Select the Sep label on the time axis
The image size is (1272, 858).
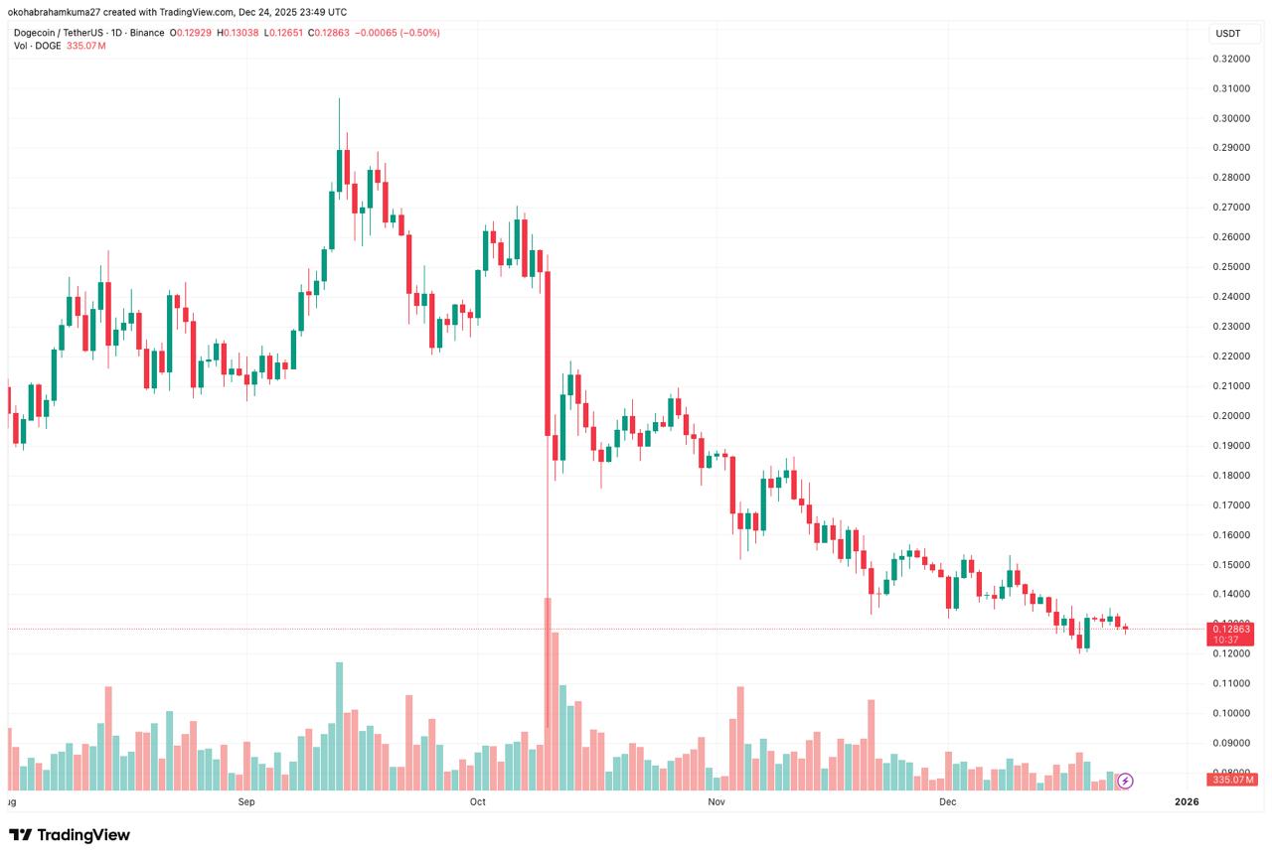(246, 800)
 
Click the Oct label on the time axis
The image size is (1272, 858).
(478, 800)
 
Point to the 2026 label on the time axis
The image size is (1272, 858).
(1186, 800)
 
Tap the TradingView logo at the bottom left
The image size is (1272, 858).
(70, 835)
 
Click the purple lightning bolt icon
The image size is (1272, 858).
(1124, 781)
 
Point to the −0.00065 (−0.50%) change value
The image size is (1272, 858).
(397, 33)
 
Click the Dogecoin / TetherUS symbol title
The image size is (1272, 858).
(89, 33)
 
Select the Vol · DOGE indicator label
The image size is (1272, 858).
(38, 46)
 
